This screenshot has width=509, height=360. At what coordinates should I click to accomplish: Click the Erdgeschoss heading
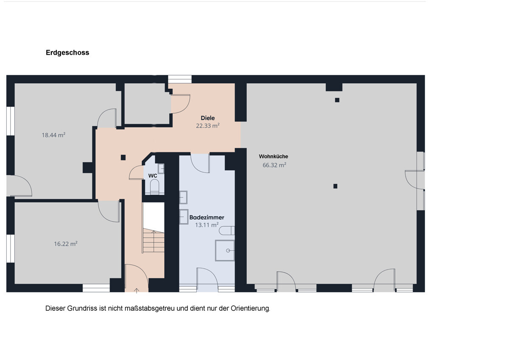67,53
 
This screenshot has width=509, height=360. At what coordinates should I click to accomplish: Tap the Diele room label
208,118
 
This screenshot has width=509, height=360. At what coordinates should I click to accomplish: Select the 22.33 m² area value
208,126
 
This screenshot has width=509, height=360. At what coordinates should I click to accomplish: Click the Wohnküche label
274,157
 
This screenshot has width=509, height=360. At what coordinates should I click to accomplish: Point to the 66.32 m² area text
274,165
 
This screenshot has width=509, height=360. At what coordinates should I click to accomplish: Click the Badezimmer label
207,217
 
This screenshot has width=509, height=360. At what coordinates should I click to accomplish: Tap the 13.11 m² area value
207,225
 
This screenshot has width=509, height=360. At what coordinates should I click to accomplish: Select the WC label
153,176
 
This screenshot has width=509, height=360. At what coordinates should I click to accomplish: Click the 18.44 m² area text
53,135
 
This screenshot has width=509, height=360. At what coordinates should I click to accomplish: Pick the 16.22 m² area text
66,244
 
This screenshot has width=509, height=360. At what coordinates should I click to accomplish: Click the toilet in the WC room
154,187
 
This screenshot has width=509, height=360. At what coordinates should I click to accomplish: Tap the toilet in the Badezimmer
227,231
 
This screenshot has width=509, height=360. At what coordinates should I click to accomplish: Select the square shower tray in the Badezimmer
225,250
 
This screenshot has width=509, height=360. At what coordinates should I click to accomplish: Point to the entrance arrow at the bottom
137,291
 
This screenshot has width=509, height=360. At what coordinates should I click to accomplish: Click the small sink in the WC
161,169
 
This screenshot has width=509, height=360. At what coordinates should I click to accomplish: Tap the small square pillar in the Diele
123,157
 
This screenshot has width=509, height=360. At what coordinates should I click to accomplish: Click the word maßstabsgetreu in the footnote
149,309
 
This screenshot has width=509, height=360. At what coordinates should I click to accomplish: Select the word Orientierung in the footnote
250,309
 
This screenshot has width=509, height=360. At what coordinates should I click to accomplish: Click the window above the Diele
180,79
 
